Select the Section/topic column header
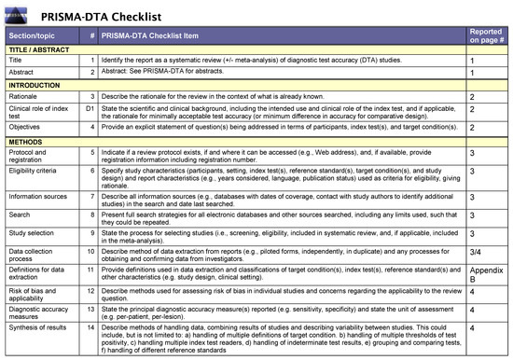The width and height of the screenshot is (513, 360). click(x=34, y=35)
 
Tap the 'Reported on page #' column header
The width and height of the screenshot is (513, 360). click(x=488, y=35)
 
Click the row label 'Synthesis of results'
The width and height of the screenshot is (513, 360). click(x=37, y=328)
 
